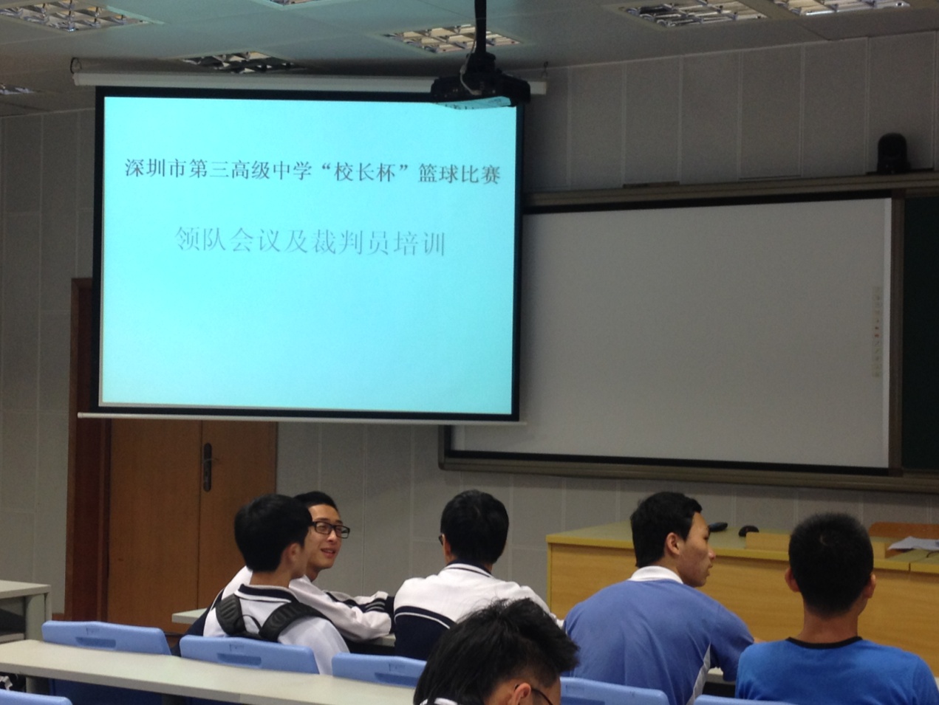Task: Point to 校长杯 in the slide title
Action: click(x=363, y=172)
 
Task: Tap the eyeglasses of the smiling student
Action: click(x=330, y=529)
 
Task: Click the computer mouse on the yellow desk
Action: click(x=748, y=530)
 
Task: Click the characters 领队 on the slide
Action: click(x=201, y=241)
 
